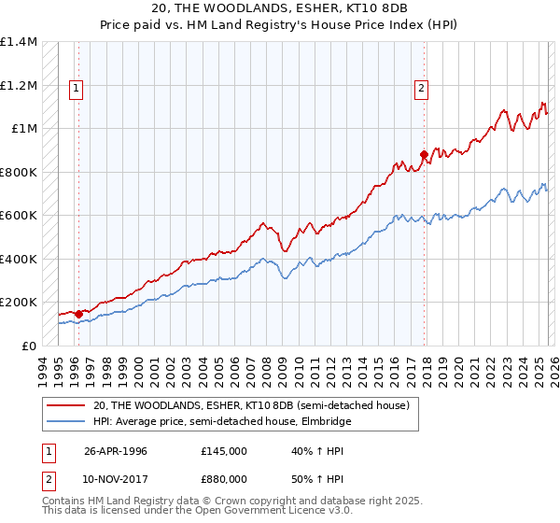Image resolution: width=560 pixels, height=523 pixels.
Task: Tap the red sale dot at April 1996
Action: pyautogui.click(x=78, y=314)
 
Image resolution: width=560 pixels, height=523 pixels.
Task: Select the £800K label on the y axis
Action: pyautogui.click(x=18, y=172)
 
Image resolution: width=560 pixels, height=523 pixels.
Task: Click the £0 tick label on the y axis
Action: pyautogui.click(x=29, y=346)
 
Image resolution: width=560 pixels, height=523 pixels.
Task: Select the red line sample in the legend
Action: pyautogui.click(x=66, y=405)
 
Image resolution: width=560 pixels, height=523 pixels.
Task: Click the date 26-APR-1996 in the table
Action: pyautogui.click(x=116, y=451)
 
